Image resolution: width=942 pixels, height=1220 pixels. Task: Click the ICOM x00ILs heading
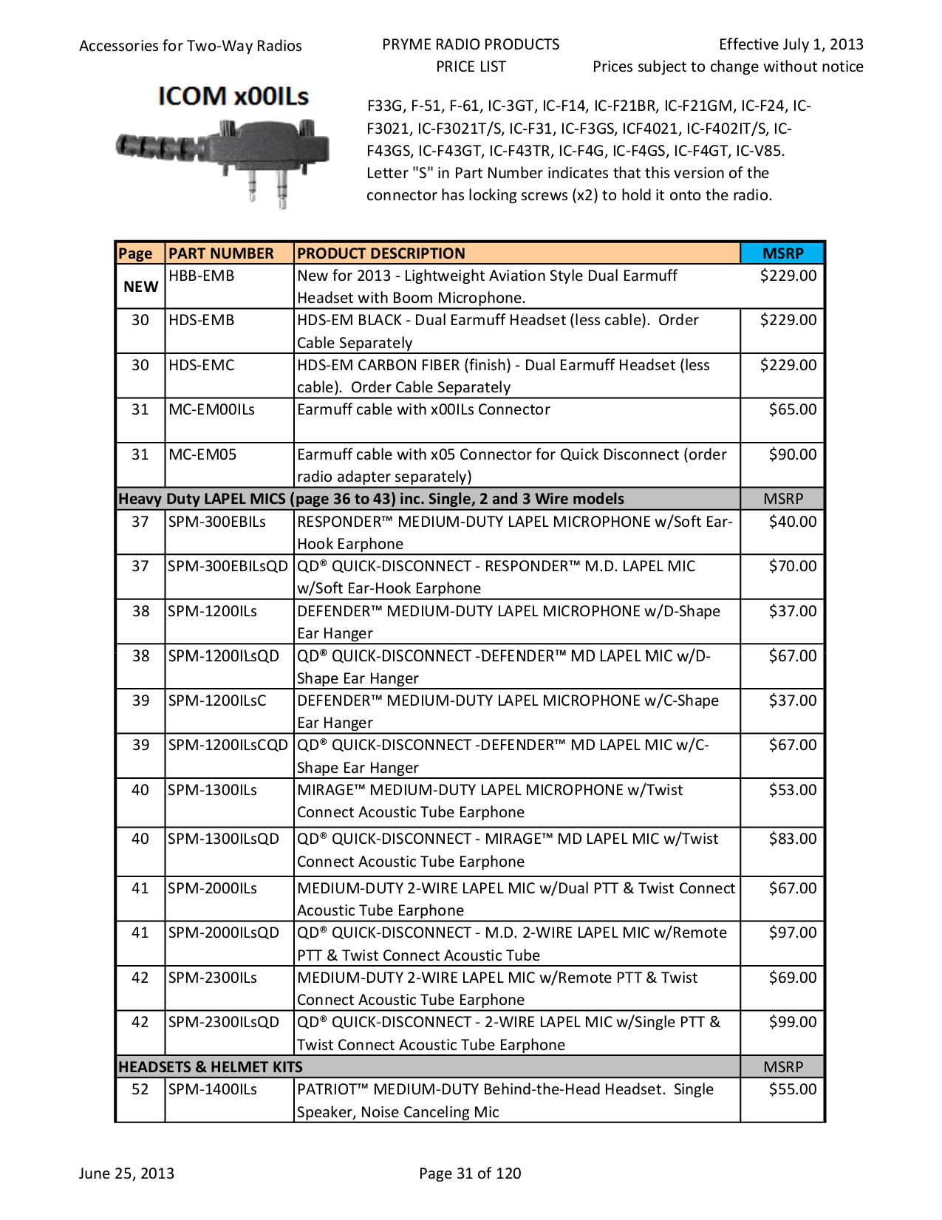pyautogui.click(x=233, y=96)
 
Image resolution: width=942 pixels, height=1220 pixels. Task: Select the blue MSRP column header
pyautogui.click(x=782, y=253)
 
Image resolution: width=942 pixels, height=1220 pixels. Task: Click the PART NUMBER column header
pyautogui.click(x=221, y=253)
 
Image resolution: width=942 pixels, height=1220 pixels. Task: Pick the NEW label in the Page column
pyautogui.click(x=140, y=287)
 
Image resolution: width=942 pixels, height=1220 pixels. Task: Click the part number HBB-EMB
pyautogui.click(x=201, y=276)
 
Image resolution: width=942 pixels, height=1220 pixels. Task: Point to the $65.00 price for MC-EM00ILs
pyautogui.click(x=792, y=409)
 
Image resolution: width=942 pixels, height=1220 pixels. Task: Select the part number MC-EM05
pyautogui.click(x=202, y=454)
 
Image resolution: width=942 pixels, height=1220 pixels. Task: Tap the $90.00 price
pyautogui.click(x=792, y=454)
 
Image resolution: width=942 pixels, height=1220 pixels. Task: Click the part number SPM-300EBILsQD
pyautogui.click(x=228, y=566)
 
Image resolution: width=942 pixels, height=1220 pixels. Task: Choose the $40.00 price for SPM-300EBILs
pyautogui.click(x=792, y=522)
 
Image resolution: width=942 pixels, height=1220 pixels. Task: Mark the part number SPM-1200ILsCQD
pyautogui.click(x=228, y=745)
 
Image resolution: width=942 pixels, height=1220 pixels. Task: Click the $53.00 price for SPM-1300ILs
pyautogui.click(x=792, y=790)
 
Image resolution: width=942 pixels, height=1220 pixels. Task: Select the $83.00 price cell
pyautogui.click(x=792, y=839)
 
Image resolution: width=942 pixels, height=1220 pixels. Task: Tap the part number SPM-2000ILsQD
pyautogui.click(x=223, y=933)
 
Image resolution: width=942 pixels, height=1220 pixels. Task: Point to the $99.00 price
pyautogui.click(x=792, y=1022)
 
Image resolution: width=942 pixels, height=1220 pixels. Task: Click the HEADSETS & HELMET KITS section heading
pyautogui.click(x=211, y=1067)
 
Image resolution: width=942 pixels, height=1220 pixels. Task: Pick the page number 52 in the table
pyautogui.click(x=140, y=1089)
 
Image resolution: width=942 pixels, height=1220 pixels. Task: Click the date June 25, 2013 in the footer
pyautogui.click(x=126, y=1173)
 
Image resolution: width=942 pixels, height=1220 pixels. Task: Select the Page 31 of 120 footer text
pyautogui.click(x=470, y=1173)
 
